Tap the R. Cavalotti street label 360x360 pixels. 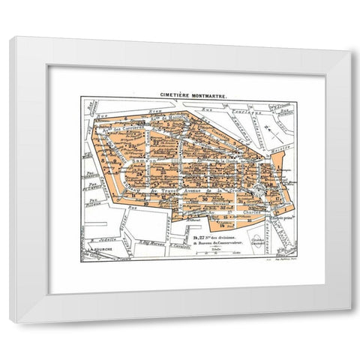[178, 245]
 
